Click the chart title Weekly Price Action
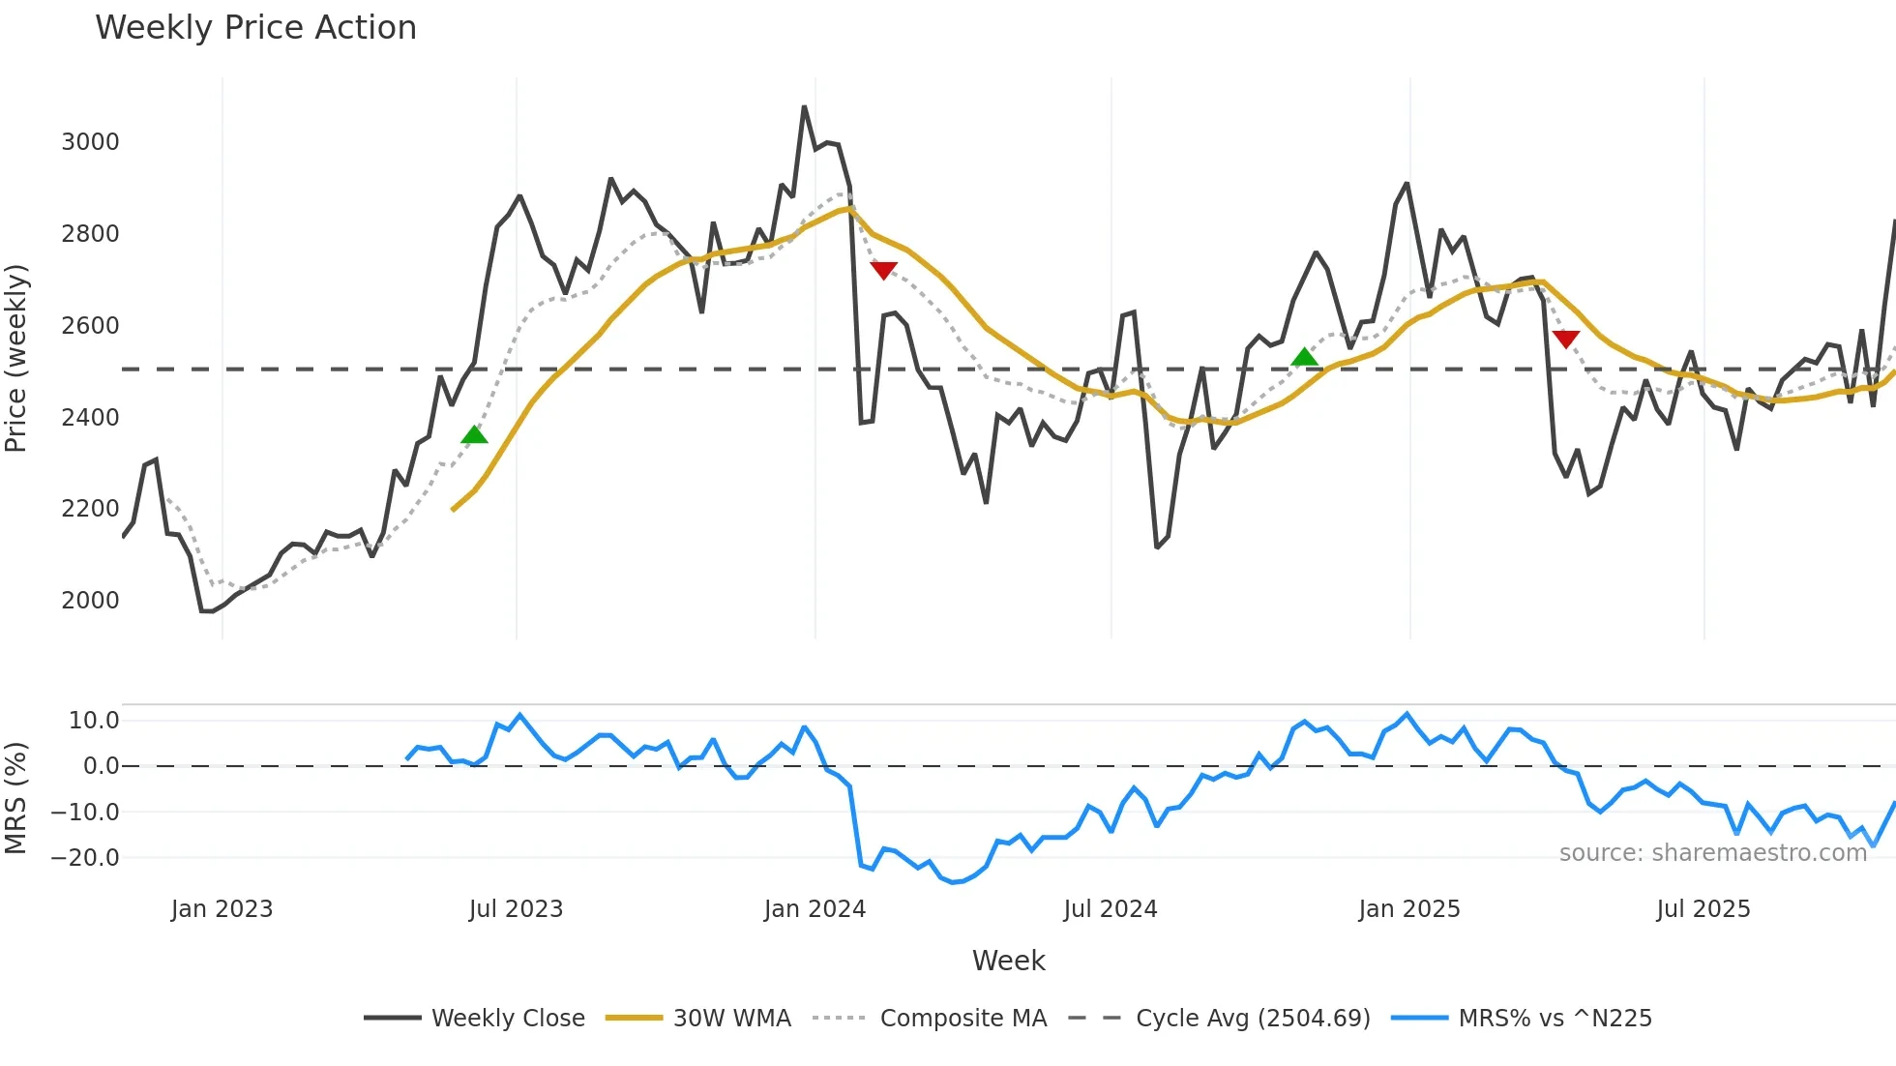tap(255, 28)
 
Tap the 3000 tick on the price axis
tap(90, 142)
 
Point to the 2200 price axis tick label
tap(90, 509)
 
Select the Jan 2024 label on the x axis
tap(815, 909)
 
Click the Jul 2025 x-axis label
tap(1703, 909)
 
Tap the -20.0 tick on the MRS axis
tap(85, 858)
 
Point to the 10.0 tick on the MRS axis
tap(94, 721)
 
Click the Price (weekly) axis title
tap(16, 358)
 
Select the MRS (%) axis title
tap(16, 798)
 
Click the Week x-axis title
tap(1008, 961)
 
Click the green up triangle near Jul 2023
tap(474, 435)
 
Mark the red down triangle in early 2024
tap(883, 270)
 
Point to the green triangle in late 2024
tap(1305, 357)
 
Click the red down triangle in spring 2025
tap(1565, 339)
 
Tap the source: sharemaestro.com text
tap(1712, 853)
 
